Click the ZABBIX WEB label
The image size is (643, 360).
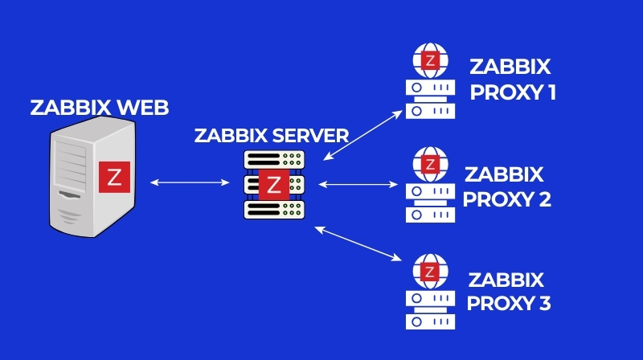[x=93, y=108]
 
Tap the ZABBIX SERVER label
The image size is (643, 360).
[x=272, y=135]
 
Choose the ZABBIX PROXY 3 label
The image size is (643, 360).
[x=508, y=292]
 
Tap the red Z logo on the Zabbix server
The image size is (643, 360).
[x=274, y=184]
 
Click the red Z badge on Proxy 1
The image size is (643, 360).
[x=432, y=60]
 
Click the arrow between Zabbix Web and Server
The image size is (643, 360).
[x=190, y=183]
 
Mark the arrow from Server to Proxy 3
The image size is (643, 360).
[x=358, y=242]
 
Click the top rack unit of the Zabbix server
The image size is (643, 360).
[x=274, y=160]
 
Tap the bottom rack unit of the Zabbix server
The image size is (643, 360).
[x=274, y=209]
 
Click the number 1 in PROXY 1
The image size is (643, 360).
[x=551, y=93]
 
